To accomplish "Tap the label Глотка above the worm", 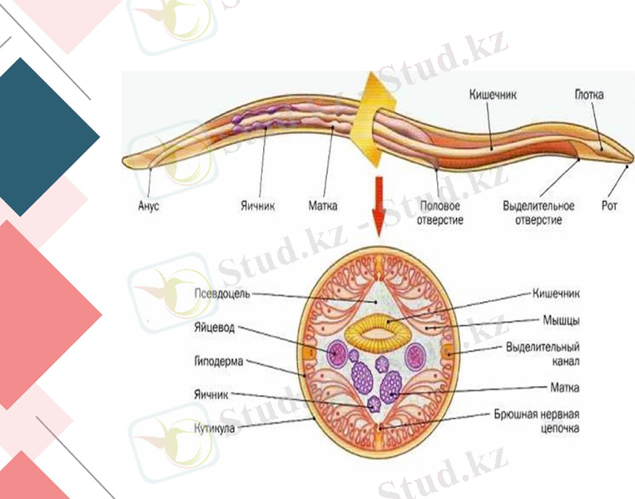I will pos(588,95).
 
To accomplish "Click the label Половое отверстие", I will pos(441,212).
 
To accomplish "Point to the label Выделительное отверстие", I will pos(538,212).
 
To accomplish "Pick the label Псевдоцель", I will pos(221,294).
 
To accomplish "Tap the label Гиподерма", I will pos(219,362).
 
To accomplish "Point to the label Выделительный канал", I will pos(542,353).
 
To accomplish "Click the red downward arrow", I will pos(379,206).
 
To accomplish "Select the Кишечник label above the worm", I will pos(492,95).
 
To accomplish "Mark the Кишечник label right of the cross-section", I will pos(555,293).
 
